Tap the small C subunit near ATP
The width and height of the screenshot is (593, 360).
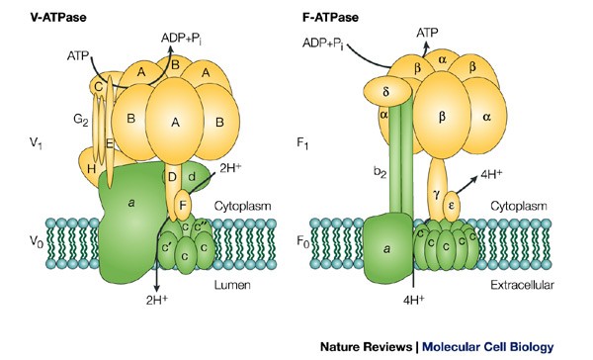[x=99, y=87]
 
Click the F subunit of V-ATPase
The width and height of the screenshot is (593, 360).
[x=183, y=207]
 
